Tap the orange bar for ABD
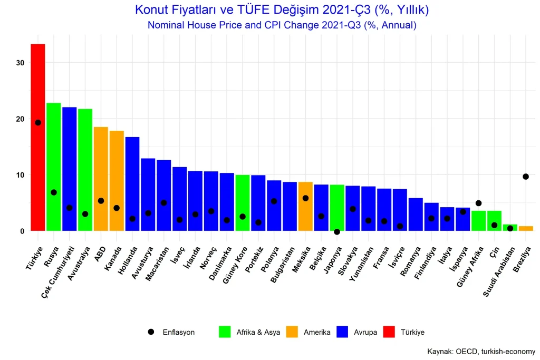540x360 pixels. [x=101, y=179]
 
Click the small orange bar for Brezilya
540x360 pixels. [x=526, y=228]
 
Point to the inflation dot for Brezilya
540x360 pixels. [x=526, y=177]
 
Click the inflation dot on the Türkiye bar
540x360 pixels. [x=38, y=123]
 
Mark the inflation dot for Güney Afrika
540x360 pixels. [x=478, y=203]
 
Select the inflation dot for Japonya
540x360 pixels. [x=337, y=232]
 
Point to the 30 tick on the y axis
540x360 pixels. [x=21, y=63]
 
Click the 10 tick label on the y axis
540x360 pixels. [x=21, y=175]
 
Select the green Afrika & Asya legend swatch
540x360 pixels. [x=225, y=332]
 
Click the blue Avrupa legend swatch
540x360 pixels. [x=342, y=332]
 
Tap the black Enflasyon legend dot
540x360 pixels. [x=151, y=332]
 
